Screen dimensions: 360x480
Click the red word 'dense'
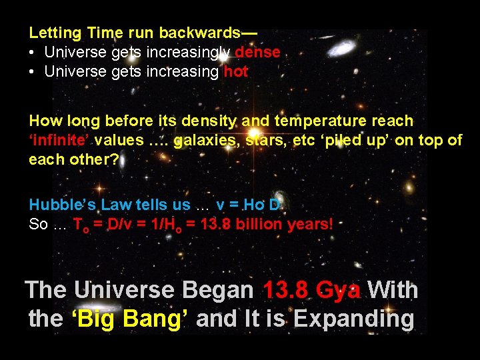point(257,53)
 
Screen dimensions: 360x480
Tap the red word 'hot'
point(236,72)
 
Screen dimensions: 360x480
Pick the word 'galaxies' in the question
point(201,141)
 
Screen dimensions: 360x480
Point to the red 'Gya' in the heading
point(339,291)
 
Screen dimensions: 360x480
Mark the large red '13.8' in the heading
point(286,291)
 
